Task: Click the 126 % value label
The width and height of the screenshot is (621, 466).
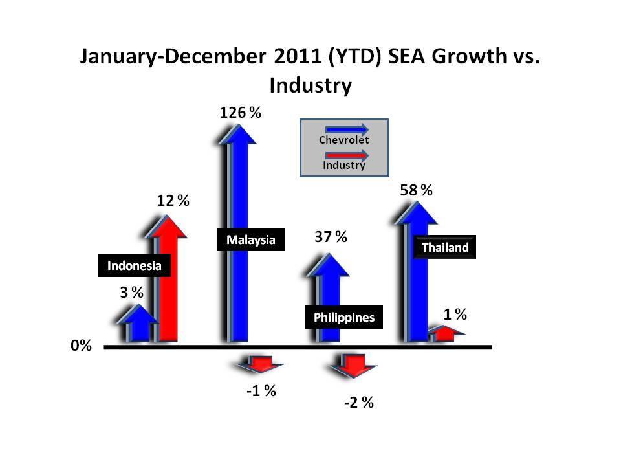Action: pyautogui.click(x=240, y=113)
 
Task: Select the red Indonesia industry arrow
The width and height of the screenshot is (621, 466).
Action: pyautogui.click(x=169, y=285)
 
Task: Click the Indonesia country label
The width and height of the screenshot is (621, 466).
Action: pyautogui.click(x=134, y=265)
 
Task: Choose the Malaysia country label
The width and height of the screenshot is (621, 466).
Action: pyautogui.click(x=250, y=240)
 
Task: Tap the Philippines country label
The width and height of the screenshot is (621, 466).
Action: pyautogui.click(x=343, y=318)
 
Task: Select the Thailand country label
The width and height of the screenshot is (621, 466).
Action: pyautogui.click(x=444, y=247)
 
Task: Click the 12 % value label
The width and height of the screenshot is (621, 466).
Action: pyautogui.click(x=173, y=201)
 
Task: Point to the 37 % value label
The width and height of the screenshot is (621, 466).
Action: pyautogui.click(x=331, y=237)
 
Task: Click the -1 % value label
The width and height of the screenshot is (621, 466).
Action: pyautogui.click(x=261, y=391)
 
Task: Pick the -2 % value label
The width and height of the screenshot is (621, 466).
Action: pyautogui.click(x=359, y=403)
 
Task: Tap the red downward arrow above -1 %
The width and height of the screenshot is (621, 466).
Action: pyautogui.click(x=261, y=364)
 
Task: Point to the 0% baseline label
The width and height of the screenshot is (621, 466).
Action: pyautogui.click(x=81, y=346)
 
